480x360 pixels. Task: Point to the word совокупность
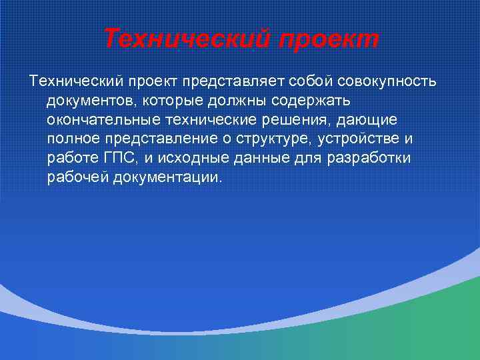click(x=387, y=81)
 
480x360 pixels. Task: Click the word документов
click(x=91, y=101)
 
